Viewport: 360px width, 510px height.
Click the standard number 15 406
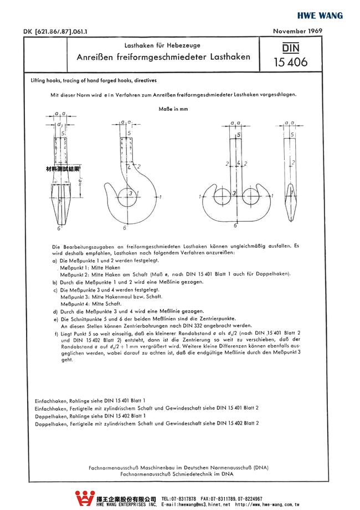290,62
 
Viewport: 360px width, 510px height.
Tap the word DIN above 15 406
290,49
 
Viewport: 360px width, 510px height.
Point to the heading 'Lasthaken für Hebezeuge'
162,44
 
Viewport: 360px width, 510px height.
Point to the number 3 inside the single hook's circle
129,193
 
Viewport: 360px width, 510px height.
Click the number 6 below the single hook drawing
125,228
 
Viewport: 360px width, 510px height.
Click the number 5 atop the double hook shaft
238,135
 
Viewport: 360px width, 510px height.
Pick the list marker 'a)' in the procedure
54,261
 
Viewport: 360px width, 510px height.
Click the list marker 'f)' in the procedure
56,334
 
